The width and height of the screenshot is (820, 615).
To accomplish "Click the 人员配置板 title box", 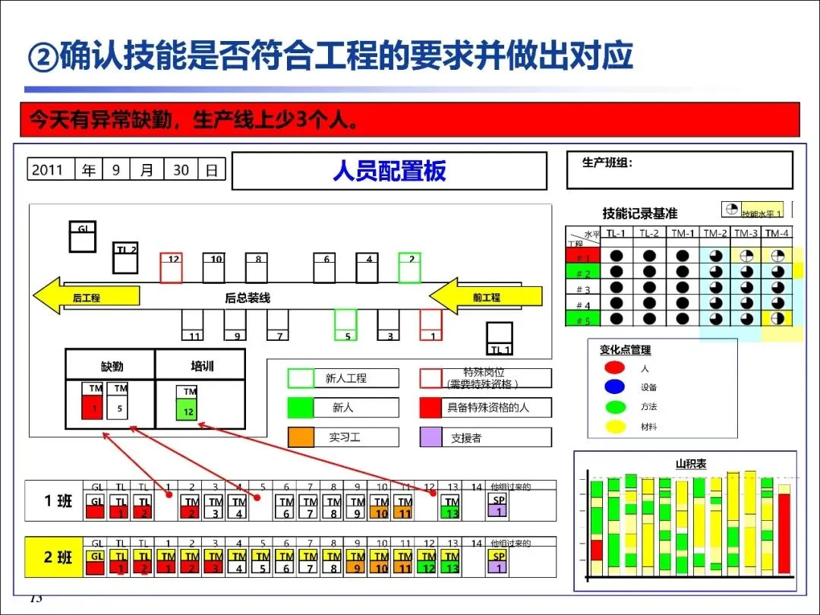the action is [x=389, y=171].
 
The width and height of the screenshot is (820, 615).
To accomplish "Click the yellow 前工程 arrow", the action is [x=486, y=297].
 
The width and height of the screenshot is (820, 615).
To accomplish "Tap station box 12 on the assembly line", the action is [x=172, y=267].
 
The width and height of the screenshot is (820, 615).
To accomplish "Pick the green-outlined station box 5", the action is [x=346, y=324].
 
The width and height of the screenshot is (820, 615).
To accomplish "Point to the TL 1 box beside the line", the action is [x=500, y=339].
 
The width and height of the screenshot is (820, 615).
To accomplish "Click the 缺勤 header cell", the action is [x=111, y=365].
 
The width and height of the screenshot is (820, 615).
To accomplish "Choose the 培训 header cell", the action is [x=200, y=365].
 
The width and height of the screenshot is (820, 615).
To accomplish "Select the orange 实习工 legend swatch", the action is [x=301, y=437].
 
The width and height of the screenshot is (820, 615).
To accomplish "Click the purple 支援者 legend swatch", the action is [x=430, y=437].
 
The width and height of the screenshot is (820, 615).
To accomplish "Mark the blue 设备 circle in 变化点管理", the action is [x=615, y=387].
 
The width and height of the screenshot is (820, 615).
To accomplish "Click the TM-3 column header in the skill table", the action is [x=746, y=233].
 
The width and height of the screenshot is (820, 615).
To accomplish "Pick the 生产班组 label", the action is [x=607, y=162].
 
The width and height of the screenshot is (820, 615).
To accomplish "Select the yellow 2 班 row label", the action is [x=57, y=557].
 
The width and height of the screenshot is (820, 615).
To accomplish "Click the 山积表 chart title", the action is [x=691, y=464].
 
